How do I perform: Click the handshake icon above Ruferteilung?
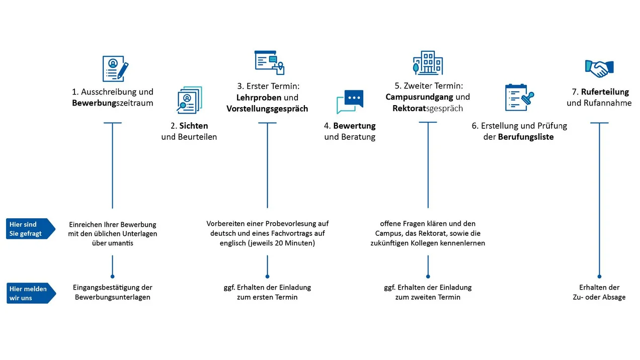tap(599, 69)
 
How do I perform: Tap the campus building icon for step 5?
tap(428, 63)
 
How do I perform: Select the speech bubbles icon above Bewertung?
tap(350, 102)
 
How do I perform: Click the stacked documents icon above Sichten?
tap(189, 100)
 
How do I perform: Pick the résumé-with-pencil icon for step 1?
tap(115, 69)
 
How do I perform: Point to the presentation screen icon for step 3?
tap(269, 62)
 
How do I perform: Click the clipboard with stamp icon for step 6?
tap(519, 98)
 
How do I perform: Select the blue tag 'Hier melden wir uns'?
tap(31, 293)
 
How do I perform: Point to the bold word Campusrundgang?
tap(419, 97)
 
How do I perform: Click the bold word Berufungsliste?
tap(526, 137)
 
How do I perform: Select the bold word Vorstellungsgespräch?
tap(267, 109)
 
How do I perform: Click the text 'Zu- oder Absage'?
tap(599, 297)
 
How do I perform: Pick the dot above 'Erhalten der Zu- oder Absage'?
tap(599, 277)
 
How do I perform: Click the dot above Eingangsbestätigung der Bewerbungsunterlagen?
tap(113, 277)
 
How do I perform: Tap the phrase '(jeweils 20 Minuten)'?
tap(281, 243)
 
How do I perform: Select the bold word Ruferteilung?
tap(605, 92)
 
